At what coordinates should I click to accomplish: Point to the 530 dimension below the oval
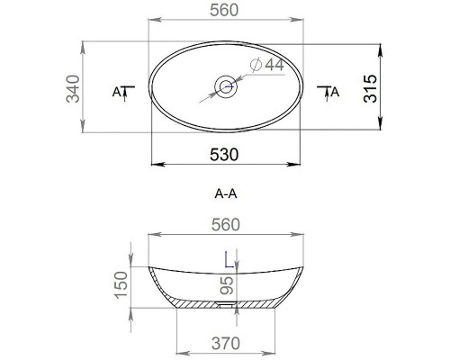coord(223,154)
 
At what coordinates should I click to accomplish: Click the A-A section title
coord(225,193)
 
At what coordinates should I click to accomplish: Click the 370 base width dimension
coord(225,342)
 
